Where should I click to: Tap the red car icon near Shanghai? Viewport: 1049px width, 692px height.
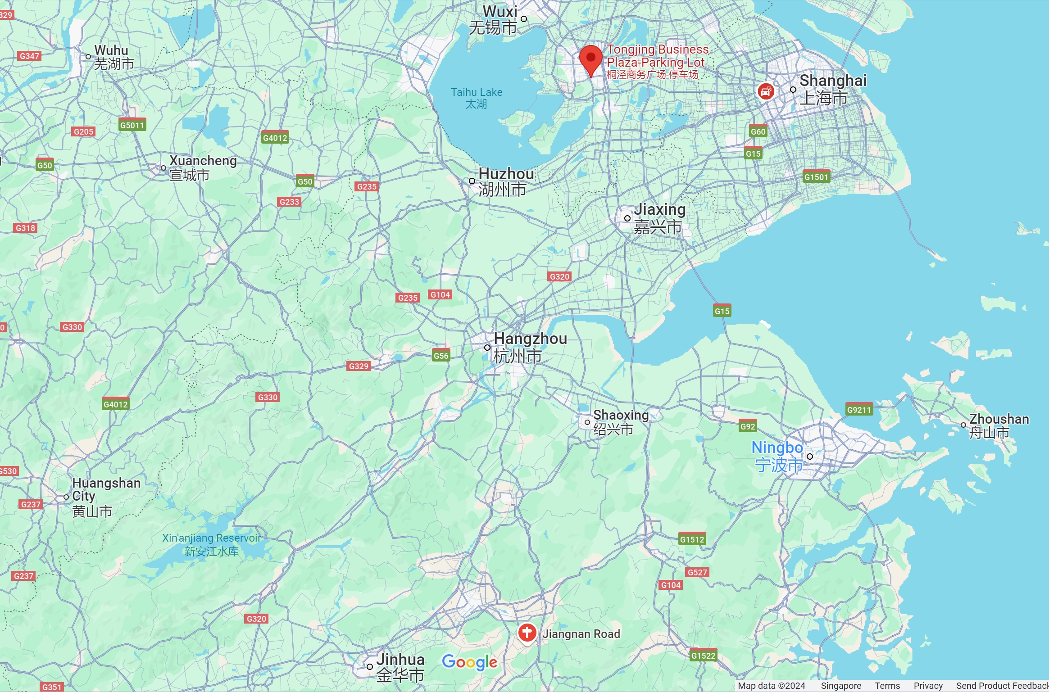[x=765, y=91]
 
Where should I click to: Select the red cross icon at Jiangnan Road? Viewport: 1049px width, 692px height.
[x=527, y=633]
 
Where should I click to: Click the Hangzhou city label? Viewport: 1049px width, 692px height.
[x=530, y=347]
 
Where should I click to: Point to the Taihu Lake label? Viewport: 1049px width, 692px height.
[x=477, y=98]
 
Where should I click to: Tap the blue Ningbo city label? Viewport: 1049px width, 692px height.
[x=777, y=456]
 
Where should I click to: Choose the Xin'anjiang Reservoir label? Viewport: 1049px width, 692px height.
[x=211, y=544]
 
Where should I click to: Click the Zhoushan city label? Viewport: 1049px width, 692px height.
[x=998, y=425]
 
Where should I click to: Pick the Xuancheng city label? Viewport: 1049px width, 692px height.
[x=203, y=167]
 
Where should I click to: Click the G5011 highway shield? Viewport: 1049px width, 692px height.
[x=132, y=125]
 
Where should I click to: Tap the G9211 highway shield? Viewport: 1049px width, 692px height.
[x=859, y=410]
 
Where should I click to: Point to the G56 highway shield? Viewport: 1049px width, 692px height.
[x=440, y=356]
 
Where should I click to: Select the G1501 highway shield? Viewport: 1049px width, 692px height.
[x=816, y=177]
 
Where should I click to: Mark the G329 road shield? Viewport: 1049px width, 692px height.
[x=359, y=366]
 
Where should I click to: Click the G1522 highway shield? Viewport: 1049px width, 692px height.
[x=703, y=656]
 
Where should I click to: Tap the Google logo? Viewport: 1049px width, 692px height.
[x=469, y=662]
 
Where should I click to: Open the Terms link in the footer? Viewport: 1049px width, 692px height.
[x=887, y=686]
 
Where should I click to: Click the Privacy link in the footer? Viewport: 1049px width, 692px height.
[x=928, y=686]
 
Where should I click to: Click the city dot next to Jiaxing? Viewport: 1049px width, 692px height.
[x=627, y=218]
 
